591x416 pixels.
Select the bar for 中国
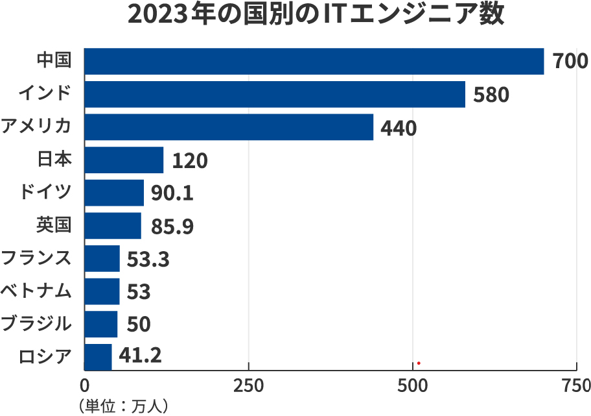tap(314, 61)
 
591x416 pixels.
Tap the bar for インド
tap(275, 94)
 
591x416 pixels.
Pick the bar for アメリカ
tap(229, 127)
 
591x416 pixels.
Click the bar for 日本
tap(124, 160)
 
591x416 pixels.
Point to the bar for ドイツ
tap(114, 193)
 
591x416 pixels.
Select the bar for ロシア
tap(98, 357)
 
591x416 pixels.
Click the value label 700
tap(570, 62)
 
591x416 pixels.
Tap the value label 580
tap(491, 95)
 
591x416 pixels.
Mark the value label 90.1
tap(172, 193)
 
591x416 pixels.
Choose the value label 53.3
tap(148, 259)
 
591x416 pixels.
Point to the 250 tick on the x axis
tap(248, 385)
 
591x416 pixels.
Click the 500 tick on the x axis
tap(413, 385)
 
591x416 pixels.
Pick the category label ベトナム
tap(36, 291)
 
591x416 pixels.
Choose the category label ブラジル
tap(36, 324)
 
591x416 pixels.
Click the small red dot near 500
tap(419, 363)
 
